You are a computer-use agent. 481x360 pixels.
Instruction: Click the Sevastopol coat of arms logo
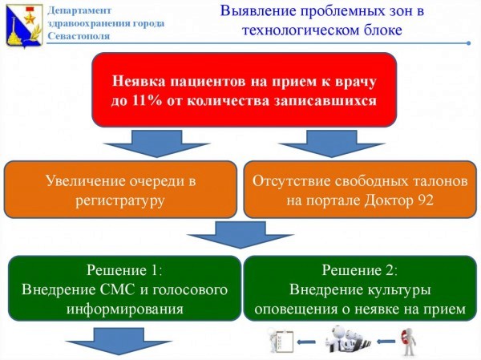24,25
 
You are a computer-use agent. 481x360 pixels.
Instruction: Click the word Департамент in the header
79,10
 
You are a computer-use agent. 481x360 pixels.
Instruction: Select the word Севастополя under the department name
79,36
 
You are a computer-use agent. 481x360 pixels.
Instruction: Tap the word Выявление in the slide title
258,11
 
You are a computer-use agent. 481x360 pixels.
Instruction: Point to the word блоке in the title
383,30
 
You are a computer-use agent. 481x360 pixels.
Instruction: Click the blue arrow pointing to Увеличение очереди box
157,144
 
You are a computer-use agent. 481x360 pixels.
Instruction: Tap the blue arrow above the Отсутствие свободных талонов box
331,144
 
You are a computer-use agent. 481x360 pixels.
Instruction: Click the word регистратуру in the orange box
120,201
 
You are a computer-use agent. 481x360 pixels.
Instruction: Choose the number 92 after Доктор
425,200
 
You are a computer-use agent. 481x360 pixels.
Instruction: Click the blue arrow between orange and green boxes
240,234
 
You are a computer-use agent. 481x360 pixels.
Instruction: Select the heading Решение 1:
124,270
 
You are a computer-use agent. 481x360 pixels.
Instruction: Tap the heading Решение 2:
359,270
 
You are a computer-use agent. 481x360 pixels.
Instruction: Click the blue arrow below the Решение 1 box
119,342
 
